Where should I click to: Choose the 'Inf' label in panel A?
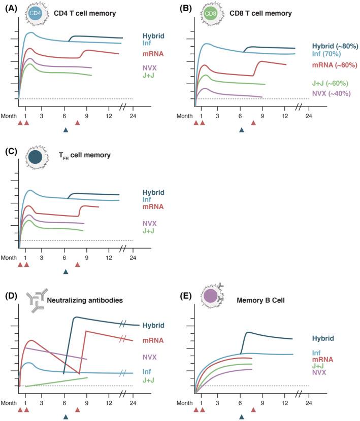tap(147, 44)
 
